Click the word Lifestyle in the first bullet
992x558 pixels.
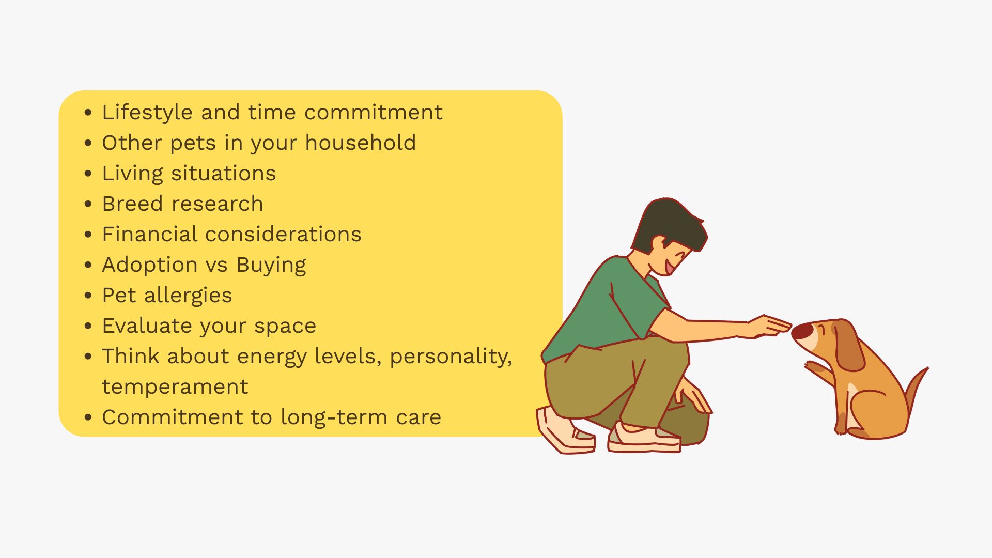147,113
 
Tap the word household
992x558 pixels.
361,143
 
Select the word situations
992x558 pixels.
224,173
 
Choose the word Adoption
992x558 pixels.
150,265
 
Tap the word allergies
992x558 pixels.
188,296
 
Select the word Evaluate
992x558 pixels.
147,326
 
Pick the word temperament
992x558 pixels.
175,387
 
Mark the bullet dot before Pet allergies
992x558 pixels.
88,296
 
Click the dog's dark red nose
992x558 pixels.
802,331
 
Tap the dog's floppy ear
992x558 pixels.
848,345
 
